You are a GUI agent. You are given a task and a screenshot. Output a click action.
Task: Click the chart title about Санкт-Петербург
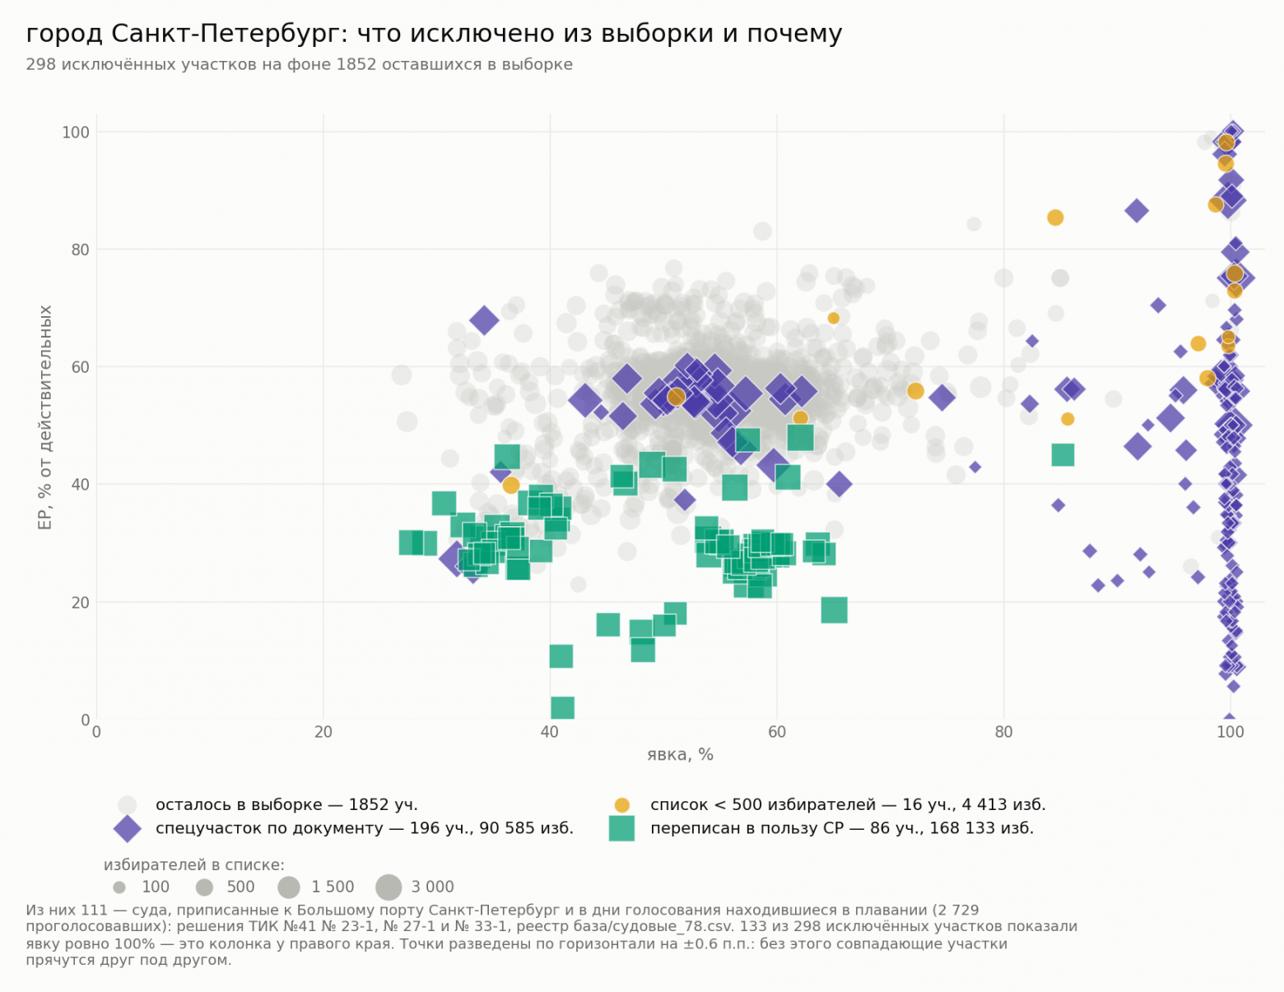tap(434, 35)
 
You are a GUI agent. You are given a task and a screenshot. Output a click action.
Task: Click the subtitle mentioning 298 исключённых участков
tap(299, 64)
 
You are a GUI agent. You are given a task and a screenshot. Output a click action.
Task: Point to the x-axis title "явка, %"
tap(680, 754)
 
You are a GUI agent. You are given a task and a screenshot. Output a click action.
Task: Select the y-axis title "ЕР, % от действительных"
tap(45, 417)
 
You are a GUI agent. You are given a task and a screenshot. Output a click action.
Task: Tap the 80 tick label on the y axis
tap(81, 249)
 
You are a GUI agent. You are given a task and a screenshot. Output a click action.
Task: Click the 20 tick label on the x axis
tap(323, 733)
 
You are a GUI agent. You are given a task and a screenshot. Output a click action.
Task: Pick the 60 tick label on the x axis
tap(777, 733)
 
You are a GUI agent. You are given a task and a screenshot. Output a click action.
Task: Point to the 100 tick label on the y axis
tap(76, 133)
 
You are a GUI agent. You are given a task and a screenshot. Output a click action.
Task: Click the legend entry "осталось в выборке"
tap(286, 804)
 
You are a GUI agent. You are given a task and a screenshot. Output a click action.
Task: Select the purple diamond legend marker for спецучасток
tap(128, 829)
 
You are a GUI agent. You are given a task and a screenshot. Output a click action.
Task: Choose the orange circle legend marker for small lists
tap(621, 805)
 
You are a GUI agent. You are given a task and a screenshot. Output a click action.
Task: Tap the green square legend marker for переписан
tap(621, 828)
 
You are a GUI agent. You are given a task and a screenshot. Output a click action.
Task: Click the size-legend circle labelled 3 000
tap(388, 887)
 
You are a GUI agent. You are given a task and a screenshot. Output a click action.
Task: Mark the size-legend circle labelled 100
tap(119, 887)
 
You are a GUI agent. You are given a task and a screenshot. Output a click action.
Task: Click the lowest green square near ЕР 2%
tap(562, 708)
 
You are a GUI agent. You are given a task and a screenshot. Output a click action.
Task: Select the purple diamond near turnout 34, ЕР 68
tap(484, 321)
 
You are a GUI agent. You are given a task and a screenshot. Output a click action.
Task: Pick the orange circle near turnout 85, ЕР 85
tap(1055, 218)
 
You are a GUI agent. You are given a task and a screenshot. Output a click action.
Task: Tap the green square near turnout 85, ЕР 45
tap(1063, 455)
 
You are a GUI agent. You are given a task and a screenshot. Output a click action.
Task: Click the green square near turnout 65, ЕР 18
tap(835, 610)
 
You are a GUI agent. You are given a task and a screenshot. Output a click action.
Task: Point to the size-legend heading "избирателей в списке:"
tap(193, 865)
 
